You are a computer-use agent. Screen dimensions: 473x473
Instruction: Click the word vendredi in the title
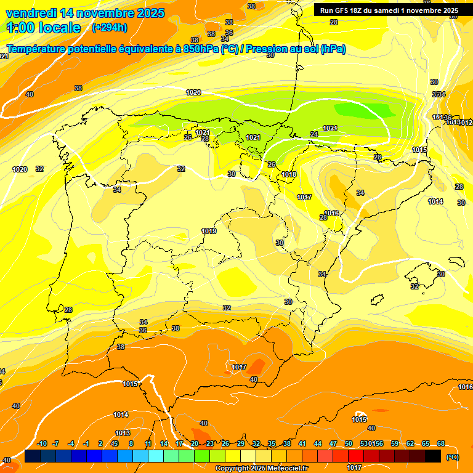tap(31, 13)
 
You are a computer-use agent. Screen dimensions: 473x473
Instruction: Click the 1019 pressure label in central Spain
tap(209, 231)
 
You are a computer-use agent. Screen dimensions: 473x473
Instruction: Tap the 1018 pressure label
tap(289, 174)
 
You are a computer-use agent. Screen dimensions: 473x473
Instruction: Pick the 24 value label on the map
tap(314, 134)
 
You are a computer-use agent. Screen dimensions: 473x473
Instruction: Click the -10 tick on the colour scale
tap(42, 443)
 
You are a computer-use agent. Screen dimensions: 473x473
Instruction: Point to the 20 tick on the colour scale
tap(195, 443)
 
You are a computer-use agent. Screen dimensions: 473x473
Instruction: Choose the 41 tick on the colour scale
tap(302, 443)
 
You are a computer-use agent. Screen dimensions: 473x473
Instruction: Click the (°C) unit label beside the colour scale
tap(452, 457)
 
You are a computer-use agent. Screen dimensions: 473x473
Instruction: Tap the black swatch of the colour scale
tap(433, 456)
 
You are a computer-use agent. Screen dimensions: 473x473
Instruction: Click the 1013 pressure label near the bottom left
tap(123, 433)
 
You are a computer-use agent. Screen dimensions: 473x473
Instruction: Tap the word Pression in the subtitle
tap(267, 49)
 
